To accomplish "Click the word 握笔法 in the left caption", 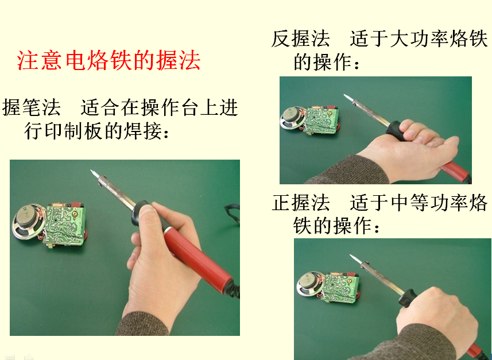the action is (x=32, y=107).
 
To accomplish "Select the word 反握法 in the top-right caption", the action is (x=301, y=39).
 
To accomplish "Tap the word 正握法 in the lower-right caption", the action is (x=301, y=203).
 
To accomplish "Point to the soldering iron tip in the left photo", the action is (x=94, y=174).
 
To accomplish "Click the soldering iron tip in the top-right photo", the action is (x=348, y=98).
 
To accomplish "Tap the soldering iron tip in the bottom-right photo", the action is (x=354, y=258).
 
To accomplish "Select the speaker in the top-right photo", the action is (x=292, y=118).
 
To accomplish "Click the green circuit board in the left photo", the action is (x=65, y=224).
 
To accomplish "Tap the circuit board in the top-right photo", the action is (x=322, y=121).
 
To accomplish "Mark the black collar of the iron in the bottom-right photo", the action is (x=407, y=297).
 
